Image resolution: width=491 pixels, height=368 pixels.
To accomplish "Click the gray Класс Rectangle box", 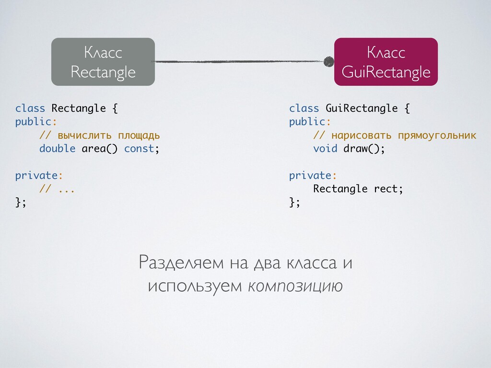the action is coord(103,62).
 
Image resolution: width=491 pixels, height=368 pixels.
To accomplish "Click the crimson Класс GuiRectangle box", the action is coord(386,62).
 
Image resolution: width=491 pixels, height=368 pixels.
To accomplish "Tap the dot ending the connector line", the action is coord(328,61).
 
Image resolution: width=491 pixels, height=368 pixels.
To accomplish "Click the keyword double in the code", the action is coord(57,149).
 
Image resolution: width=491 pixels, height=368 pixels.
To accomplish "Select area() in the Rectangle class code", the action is coord(99,149).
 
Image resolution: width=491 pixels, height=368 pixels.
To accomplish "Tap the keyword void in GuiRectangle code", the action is coord(325,149).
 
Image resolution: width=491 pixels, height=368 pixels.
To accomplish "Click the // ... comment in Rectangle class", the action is coord(57,189).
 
